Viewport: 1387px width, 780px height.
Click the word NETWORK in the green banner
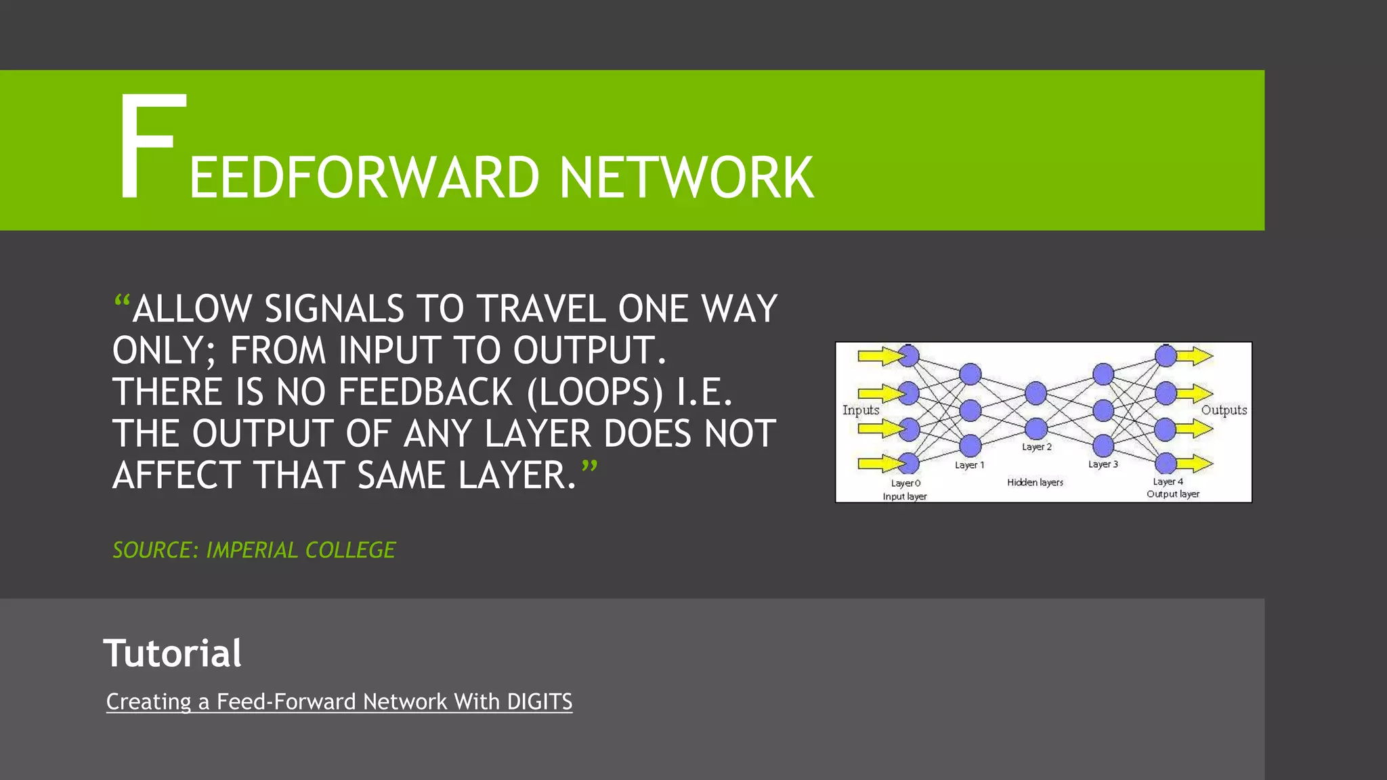(x=686, y=178)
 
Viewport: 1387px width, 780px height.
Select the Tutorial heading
(x=172, y=653)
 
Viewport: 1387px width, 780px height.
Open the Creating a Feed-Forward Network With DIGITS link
(x=339, y=701)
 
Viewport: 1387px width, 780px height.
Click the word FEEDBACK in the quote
(x=425, y=392)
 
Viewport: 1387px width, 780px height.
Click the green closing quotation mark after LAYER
(x=589, y=467)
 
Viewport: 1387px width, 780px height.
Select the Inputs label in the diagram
(x=860, y=410)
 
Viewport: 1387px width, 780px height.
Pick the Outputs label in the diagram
(x=1224, y=410)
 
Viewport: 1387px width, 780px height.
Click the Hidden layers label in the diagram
(x=1035, y=482)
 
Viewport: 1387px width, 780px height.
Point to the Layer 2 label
(x=1036, y=447)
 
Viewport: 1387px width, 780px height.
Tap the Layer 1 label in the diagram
(x=969, y=465)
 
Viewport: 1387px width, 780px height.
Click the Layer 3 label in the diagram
(x=1103, y=464)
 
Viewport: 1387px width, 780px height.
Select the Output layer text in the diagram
(x=1172, y=494)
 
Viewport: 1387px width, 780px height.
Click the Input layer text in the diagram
(x=904, y=496)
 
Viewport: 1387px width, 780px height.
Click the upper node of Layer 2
(x=1036, y=393)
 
